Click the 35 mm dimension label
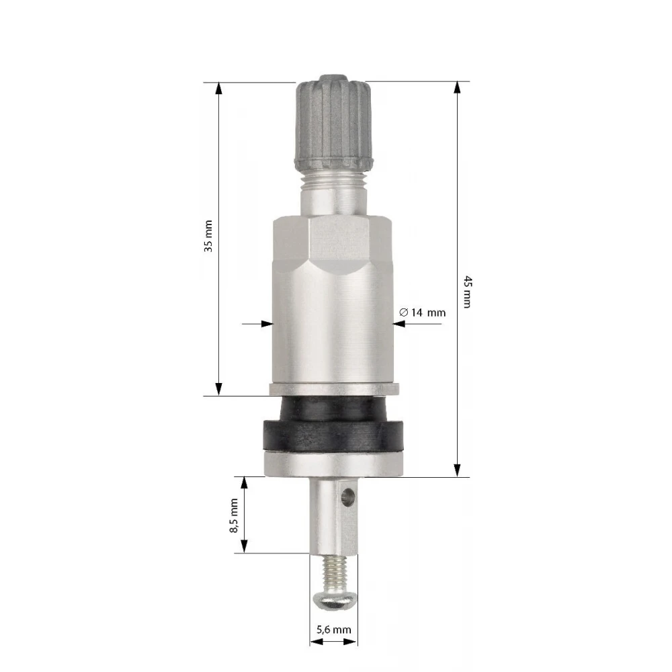209,236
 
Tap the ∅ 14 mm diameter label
422,312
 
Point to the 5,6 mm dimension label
333,630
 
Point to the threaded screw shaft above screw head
333,572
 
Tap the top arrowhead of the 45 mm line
458,88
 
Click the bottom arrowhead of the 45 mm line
458,470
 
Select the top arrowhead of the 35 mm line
218,88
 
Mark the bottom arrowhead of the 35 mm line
218,388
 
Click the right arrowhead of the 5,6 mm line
353,641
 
